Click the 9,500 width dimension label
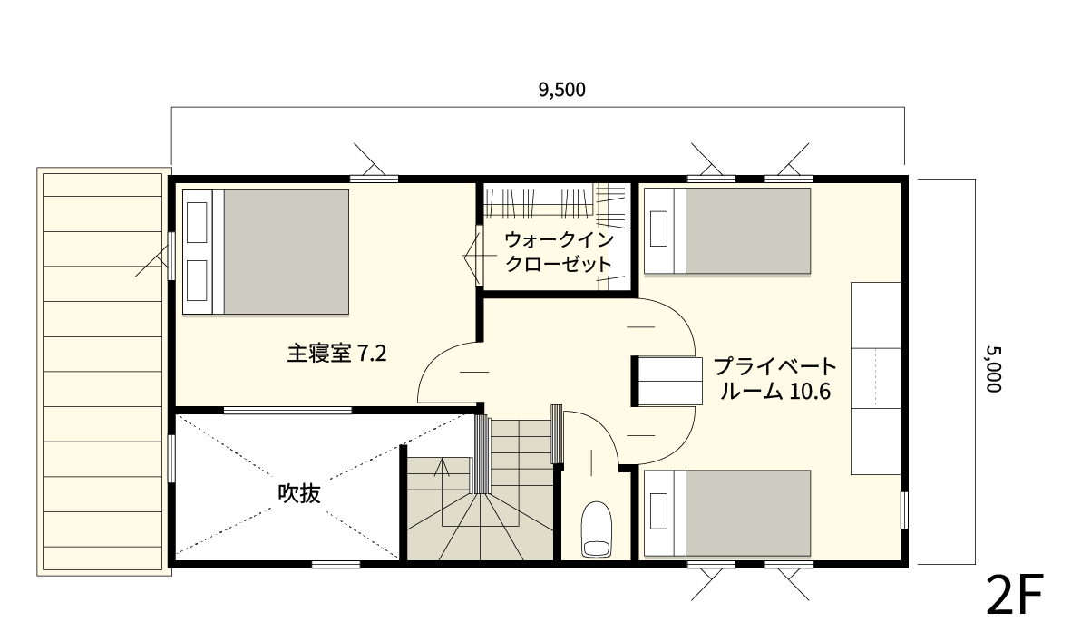point(562,89)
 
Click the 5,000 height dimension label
point(991,367)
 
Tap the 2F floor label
point(1016,595)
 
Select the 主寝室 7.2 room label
point(336,353)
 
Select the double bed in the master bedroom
point(267,251)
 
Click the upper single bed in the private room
point(727,230)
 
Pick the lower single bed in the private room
point(727,512)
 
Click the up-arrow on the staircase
point(443,468)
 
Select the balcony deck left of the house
point(103,370)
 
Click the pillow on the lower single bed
point(659,513)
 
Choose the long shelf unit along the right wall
point(875,378)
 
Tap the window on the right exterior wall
point(903,511)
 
